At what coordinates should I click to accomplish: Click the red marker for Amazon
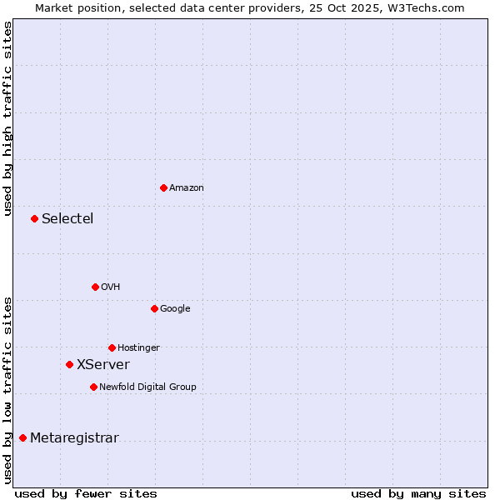click(x=163, y=187)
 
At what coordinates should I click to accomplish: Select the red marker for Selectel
click(x=34, y=218)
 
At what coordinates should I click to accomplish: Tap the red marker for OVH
click(x=95, y=287)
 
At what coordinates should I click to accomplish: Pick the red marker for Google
click(x=154, y=308)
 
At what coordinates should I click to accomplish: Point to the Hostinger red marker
click(x=112, y=347)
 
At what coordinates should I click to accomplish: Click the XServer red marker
click(x=69, y=364)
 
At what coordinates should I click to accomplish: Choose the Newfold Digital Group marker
click(x=93, y=387)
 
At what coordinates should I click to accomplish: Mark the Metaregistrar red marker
click(x=22, y=438)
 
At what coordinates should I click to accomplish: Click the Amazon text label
click(x=187, y=188)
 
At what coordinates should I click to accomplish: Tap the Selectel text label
click(x=67, y=219)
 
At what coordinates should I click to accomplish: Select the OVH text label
click(x=111, y=287)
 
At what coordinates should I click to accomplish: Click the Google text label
click(x=175, y=309)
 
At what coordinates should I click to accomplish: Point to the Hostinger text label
click(x=138, y=348)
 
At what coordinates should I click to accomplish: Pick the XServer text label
click(x=103, y=365)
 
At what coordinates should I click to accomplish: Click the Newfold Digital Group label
click(x=147, y=387)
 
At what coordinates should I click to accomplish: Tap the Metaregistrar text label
click(x=74, y=438)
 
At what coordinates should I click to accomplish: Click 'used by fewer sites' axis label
click(x=86, y=493)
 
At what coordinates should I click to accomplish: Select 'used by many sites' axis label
click(x=418, y=493)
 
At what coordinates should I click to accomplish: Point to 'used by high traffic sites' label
click(x=7, y=118)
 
